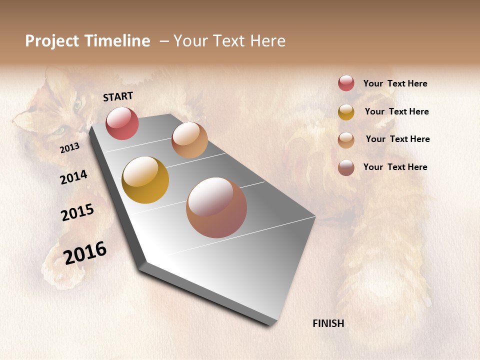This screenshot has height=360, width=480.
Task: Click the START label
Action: point(118,96)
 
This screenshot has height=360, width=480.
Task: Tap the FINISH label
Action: point(328,323)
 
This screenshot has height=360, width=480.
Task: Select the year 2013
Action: point(69,148)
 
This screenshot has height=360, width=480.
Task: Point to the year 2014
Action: point(73,177)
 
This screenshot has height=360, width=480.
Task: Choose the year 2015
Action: point(77,212)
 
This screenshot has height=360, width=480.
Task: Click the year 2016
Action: point(85,253)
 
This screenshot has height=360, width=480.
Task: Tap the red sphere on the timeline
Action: point(122,123)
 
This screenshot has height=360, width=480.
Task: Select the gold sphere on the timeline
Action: point(145,180)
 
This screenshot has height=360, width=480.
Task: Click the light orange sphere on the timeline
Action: point(189,140)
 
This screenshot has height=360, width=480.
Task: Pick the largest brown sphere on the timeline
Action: point(216,207)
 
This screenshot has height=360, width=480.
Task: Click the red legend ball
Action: point(346,83)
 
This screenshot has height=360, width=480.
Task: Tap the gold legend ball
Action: point(346,112)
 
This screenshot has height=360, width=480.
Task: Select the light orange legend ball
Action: point(346,140)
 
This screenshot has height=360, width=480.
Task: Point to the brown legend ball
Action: point(346,167)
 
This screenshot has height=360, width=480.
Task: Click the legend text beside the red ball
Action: point(395,83)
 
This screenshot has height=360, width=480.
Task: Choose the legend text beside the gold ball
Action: point(396,111)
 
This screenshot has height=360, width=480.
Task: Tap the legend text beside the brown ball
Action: point(395,167)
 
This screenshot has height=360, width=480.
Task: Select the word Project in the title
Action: point(52,41)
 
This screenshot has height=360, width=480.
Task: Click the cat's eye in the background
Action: point(77,105)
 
